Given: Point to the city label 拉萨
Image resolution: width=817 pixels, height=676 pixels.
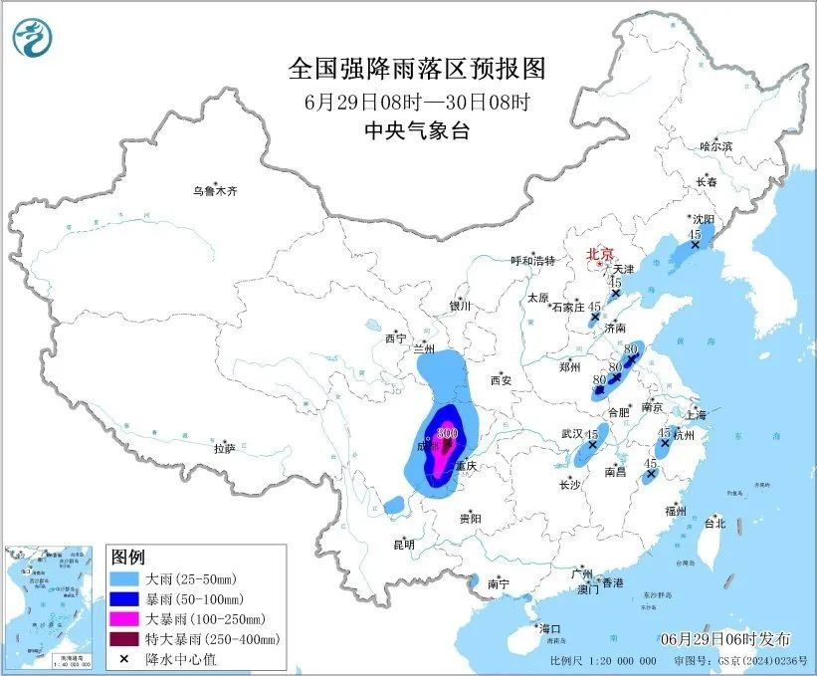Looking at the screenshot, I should (224, 448).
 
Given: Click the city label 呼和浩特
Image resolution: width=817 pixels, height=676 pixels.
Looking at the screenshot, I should (534, 261).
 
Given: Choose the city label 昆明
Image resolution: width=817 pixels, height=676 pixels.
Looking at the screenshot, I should (404, 544).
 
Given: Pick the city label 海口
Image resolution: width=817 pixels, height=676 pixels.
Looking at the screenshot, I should (550, 629).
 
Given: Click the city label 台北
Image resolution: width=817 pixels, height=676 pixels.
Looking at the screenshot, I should (715, 523).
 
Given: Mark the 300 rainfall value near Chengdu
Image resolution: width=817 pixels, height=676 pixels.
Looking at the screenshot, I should (447, 433).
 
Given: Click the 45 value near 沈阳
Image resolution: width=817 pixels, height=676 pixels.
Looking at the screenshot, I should (695, 233).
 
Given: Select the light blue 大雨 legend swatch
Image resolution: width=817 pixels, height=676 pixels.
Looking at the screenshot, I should (122, 578).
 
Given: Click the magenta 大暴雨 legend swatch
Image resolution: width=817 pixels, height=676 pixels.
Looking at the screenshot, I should (122, 619).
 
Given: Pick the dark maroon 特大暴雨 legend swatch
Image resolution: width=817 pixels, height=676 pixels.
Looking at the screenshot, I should (122, 639).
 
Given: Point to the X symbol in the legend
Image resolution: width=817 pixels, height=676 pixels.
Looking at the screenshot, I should (122, 659).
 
